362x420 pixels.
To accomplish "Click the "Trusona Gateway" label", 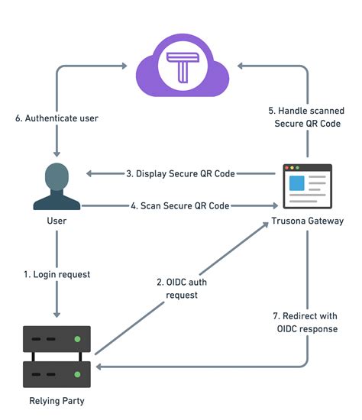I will [x=307, y=221].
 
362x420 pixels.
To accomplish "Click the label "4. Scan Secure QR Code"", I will [x=179, y=205].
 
